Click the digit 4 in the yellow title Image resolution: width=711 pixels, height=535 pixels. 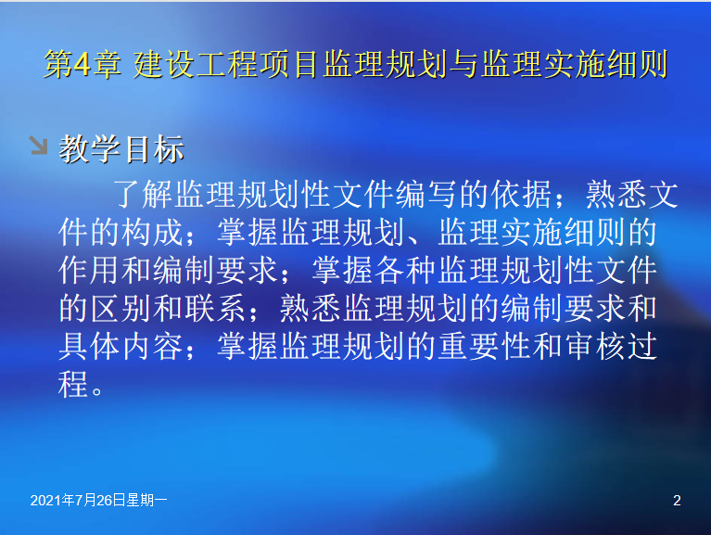click(x=82, y=64)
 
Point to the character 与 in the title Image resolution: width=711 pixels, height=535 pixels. click(x=463, y=64)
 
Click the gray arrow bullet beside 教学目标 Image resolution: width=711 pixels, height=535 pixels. click(x=39, y=145)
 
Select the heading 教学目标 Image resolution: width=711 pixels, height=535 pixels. click(x=121, y=148)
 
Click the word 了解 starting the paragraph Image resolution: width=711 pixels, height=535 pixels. click(x=143, y=195)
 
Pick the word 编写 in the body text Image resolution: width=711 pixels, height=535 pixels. click(x=426, y=195)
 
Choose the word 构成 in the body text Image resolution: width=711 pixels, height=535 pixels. click(x=153, y=232)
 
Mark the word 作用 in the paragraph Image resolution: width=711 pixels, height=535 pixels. click(x=89, y=270)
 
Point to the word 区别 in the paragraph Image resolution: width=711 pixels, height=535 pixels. click(x=121, y=309)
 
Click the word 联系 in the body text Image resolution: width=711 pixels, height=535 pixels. click(x=216, y=309)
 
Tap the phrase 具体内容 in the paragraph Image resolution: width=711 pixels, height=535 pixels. click(x=121, y=347)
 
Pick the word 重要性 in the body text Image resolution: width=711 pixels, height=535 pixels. click(x=486, y=347)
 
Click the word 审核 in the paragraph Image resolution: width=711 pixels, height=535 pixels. click(x=596, y=347)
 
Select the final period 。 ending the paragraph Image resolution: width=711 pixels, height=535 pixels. click(x=97, y=390)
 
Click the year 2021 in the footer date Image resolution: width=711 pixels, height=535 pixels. click(x=45, y=500)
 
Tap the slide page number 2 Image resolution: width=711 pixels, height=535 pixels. click(x=677, y=500)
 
